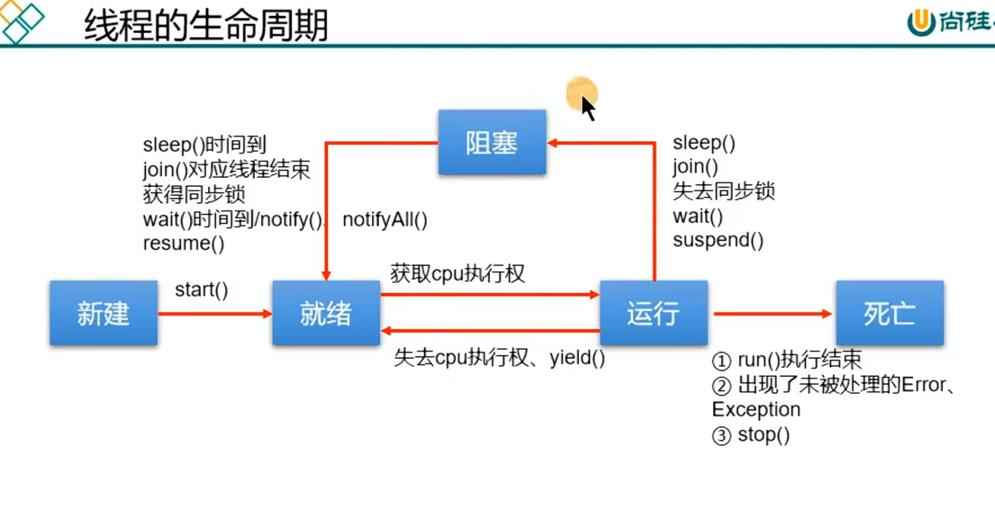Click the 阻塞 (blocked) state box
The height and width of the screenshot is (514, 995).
point(492,142)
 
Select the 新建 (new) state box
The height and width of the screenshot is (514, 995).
point(104,313)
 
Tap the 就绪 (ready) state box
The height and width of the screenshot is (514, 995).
point(326,313)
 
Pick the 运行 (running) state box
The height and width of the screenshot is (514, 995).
point(654,313)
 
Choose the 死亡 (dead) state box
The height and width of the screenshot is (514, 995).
point(890,313)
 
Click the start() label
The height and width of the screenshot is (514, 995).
point(202,290)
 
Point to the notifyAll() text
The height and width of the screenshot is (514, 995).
point(385,220)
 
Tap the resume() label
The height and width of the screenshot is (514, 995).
point(183,244)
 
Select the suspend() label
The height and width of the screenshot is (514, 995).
point(718,240)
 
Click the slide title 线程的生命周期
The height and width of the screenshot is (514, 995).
point(206,25)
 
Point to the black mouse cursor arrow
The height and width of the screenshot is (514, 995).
point(588,108)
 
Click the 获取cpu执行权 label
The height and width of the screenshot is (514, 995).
point(457,273)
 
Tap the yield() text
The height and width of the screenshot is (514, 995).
point(577,358)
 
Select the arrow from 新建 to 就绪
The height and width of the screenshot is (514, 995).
point(215,314)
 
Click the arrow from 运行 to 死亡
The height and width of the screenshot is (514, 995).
point(773,314)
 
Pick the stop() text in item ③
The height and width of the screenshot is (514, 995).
point(764,435)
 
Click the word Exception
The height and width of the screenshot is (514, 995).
point(756,410)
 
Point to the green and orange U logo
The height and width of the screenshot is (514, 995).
point(921,22)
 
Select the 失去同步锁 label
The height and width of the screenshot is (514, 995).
point(724,191)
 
